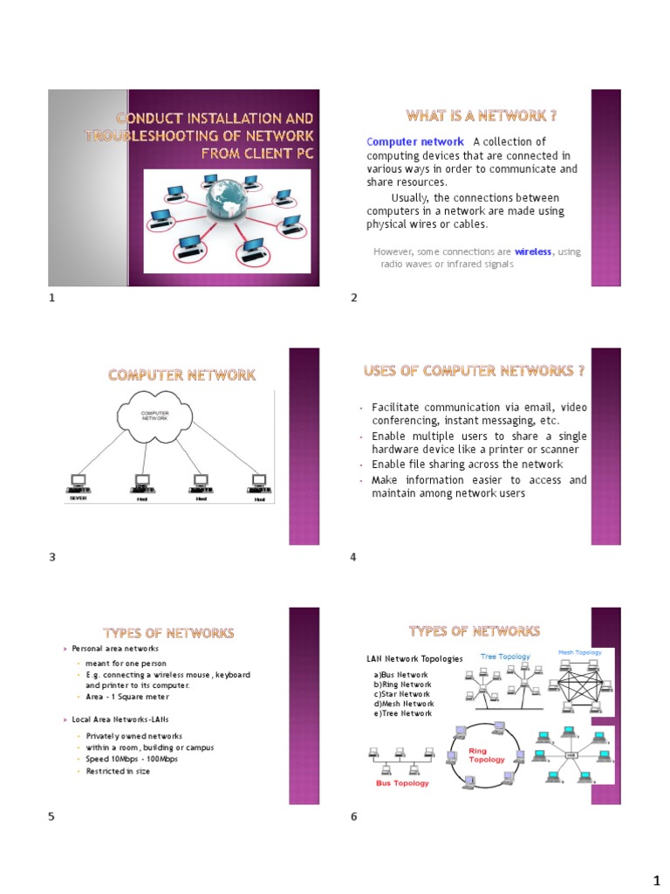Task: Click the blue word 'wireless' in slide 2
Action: click(x=533, y=251)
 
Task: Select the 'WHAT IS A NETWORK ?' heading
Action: click(x=482, y=116)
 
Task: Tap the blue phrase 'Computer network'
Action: click(x=415, y=142)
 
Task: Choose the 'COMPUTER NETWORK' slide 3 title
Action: click(x=181, y=375)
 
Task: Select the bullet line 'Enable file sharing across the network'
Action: click(x=467, y=464)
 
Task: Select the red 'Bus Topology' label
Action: click(x=402, y=783)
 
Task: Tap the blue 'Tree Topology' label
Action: click(x=505, y=657)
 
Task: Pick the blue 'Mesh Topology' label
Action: click(x=579, y=653)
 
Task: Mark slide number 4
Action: click(x=353, y=557)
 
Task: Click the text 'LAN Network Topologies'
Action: click(x=414, y=658)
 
